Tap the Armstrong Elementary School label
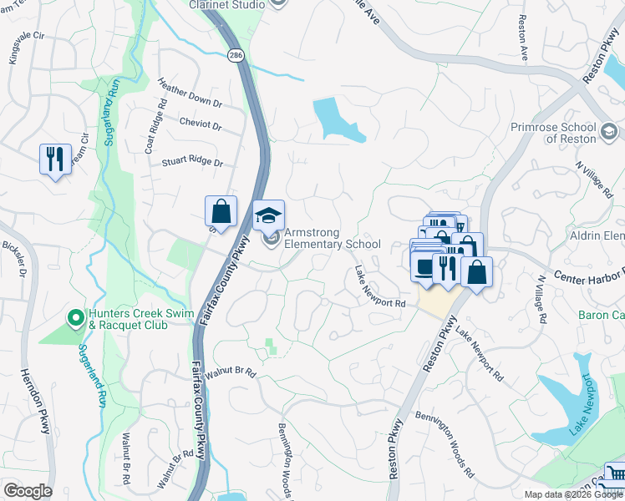pyautogui.click(x=332, y=238)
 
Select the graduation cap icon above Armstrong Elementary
pyautogui.click(x=268, y=215)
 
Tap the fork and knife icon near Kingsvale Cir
pyautogui.click(x=55, y=158)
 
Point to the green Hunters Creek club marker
pyautogui.click(x=74, y=317)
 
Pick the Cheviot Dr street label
pyautogui.click(x=201, y=126)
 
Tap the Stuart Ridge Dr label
pyautogui.click(x=193, y=163)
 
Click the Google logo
pyautogui.click(x=28, y=491)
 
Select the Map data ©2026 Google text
pyautogui.click(x=572, y=494)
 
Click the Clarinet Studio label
pyautogui.click(x=222, y=5)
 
